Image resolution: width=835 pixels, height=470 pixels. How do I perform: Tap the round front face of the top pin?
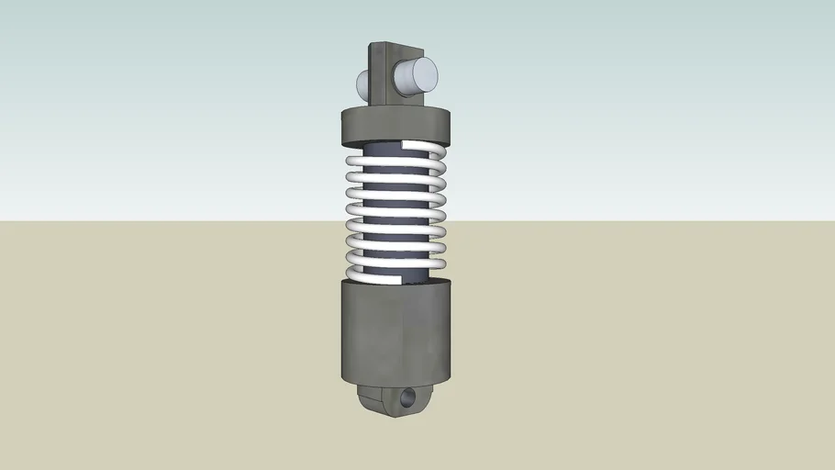(x=421, y=74)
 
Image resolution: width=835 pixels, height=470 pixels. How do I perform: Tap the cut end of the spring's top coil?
(x=406, y=147)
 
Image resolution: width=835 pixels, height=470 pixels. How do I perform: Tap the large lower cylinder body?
(x=396, y=335)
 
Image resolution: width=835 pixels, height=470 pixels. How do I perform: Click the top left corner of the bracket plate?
(x=372, y=43)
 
